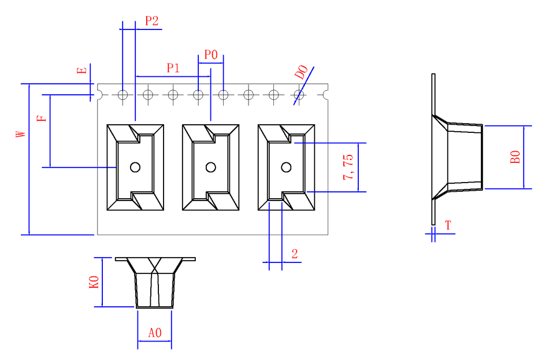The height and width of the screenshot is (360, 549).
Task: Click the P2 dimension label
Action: point(151,21)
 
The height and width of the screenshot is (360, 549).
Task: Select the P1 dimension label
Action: point(173,68)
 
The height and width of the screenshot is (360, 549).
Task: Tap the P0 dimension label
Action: point(211,55)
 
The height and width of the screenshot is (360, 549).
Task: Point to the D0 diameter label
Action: point(301,73)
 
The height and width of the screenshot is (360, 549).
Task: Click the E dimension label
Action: point(83,70)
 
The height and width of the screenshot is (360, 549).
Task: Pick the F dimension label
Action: point(40,118)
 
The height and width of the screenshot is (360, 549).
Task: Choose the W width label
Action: point(21,133)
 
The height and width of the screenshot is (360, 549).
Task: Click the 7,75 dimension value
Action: point(349,167)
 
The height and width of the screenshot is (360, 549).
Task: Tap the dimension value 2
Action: point(295,254)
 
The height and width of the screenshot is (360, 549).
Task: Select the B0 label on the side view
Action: point(515,157)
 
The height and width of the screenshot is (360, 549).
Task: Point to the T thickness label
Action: point(448,225)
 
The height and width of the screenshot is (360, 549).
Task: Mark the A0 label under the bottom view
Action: point(155,333)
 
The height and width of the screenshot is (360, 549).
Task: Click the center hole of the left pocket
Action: point(135,167)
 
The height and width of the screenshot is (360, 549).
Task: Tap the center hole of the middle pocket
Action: point(210,167)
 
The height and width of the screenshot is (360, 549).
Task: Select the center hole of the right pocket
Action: point(285,167)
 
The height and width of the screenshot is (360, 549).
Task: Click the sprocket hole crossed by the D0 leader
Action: point(299,94)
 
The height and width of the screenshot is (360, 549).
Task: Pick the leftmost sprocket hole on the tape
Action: point(123,94)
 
